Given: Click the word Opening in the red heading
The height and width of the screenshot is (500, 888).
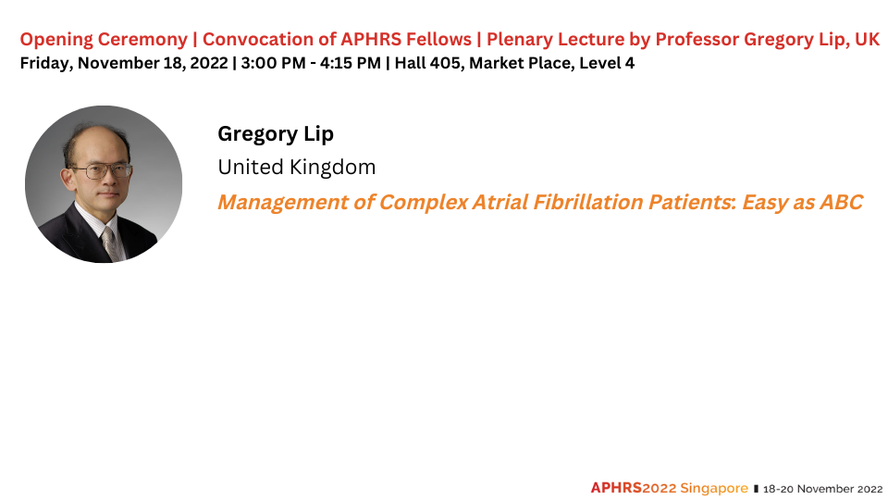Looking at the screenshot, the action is pos(56,40).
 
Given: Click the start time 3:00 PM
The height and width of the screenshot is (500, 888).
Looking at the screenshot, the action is pos(273,63).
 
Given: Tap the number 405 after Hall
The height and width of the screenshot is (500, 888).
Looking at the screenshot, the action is pos(445,63).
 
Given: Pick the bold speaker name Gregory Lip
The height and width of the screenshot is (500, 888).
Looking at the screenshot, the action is pos(276,134).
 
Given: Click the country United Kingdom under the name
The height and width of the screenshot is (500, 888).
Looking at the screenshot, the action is pos(297,168).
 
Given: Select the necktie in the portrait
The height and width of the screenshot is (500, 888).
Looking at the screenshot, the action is pos(110,244).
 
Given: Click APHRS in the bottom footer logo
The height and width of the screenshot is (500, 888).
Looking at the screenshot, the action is pos(616,488).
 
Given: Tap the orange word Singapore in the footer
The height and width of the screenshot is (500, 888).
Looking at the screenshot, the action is pos(713,489).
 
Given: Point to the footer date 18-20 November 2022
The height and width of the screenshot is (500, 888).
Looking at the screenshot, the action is pos(823,489).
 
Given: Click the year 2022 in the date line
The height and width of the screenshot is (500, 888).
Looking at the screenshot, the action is pos(209,63).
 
